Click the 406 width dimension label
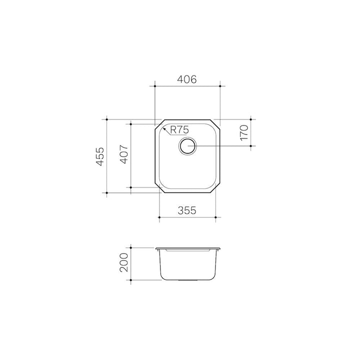[187, 79]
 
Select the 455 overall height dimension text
[100, 156]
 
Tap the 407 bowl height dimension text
[124, 154]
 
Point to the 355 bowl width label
[187, 210]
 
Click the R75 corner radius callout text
[179, 130]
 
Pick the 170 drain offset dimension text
[244, 132]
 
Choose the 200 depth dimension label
[124, 262]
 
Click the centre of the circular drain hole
[188, 146]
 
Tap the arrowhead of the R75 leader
[164, 129]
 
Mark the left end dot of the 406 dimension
[155, 86]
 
